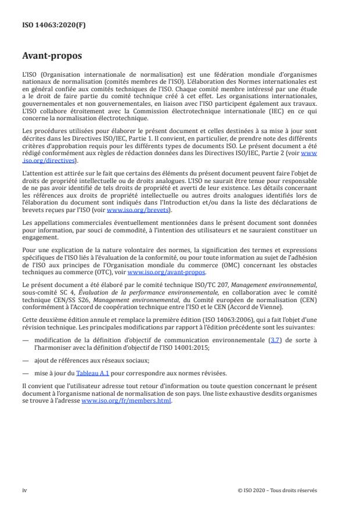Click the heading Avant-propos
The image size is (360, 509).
point(52,57)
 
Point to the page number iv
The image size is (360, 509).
point(24,490)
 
